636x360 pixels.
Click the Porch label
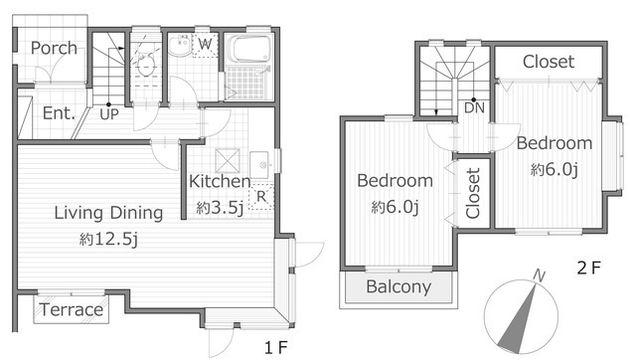54,49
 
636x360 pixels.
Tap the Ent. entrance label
60,113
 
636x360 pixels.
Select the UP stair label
109,114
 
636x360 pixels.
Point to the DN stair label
474,108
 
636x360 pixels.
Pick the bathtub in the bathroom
248,49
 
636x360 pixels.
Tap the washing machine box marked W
206,44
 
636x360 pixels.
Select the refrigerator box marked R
261,197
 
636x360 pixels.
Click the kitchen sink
259,165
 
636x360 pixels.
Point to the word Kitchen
220,181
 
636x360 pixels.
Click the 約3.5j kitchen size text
220,208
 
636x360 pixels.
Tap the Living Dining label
108,213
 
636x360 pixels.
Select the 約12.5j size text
108,239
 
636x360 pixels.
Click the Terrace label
72,309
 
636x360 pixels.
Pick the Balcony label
398,286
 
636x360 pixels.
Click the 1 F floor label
276,347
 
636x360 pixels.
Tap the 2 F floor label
588,268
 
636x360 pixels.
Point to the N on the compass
539,275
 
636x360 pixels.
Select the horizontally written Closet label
549,62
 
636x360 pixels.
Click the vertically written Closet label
473,194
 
